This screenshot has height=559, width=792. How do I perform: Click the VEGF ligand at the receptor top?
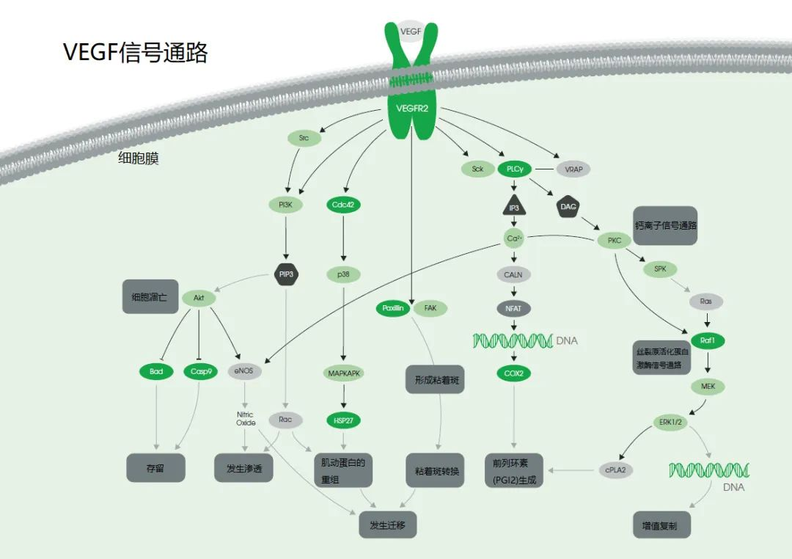(410, 31)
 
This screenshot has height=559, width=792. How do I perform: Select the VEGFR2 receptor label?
(411, 109)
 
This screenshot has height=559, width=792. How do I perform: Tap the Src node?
(304, 137)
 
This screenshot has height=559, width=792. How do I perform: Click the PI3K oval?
(285, 205)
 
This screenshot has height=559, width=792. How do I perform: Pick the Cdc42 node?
(343, 205)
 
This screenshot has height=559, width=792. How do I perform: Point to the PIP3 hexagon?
(285, 274)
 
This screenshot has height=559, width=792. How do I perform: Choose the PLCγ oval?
(515, 169)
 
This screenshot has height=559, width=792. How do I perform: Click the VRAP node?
(573, 169)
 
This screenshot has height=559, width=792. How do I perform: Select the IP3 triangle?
(515, 208)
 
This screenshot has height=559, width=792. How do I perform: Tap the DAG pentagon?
(568, 207)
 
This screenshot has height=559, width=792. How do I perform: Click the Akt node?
(199, 299)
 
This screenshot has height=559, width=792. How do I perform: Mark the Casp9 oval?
(200, 372)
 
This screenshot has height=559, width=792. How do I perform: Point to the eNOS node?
(244, 372)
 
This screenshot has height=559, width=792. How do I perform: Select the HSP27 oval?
(343, 420)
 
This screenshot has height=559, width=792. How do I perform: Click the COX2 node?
(514, 373)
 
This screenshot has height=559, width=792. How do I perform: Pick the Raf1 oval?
(707, 340)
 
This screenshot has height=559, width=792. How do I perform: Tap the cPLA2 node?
(616, 470)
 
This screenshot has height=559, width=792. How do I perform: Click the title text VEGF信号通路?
(136, 53)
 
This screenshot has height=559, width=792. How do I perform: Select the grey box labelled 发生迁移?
(387, 525)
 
